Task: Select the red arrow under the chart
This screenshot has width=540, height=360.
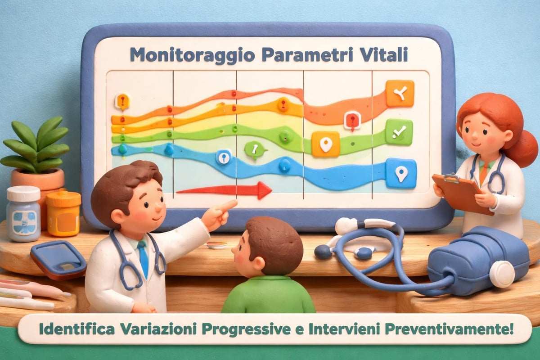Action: pos(225,190)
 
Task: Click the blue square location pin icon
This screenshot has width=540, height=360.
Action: pos(400,173)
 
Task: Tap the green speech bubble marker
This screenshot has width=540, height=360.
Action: pos(255,149)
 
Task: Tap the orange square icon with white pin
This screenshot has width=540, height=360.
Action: pos(325,144)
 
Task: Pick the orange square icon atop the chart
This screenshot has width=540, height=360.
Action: pos(400,94)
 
